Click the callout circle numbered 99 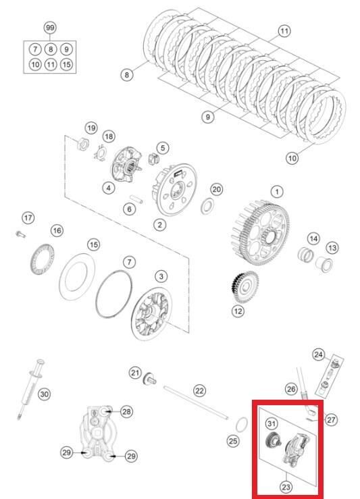click(x=50, y=28)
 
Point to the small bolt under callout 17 click(x=20, y=234)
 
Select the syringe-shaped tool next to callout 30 click(x=31, y=389)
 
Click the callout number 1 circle click(x=277, y=192)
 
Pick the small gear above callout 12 click(x=245, y=287)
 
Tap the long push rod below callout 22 click(x=197, y=402)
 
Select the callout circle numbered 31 click(x=272, y=423)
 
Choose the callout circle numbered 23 click(x=286, y=487)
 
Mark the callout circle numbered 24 click(x=318, y=354)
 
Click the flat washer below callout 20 click(x=207, y=206)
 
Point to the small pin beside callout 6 click(x=136, y=199)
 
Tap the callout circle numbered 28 click(x=126, y=412)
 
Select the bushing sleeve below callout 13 click(x=324, y=265)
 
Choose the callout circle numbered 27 click(x=331, y=420)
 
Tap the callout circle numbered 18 click(x=109, y=136)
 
